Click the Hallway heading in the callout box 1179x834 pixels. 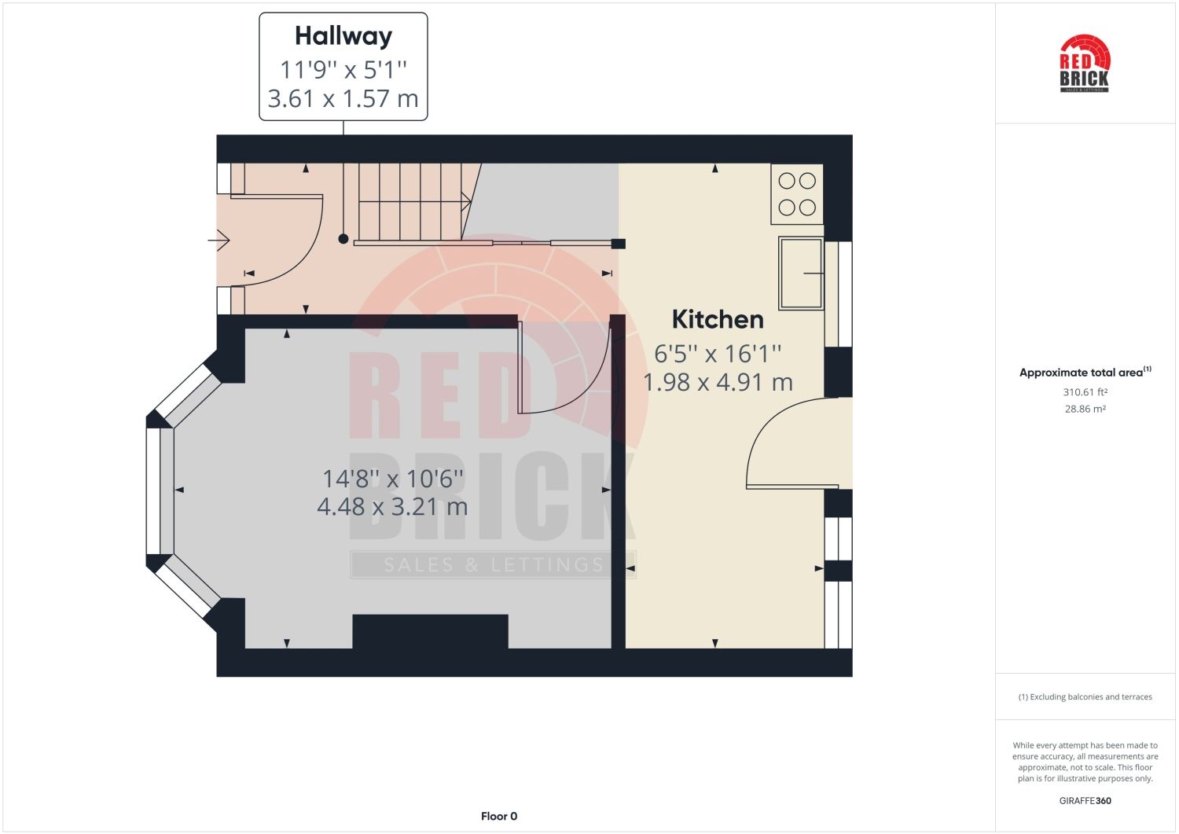[343, 36]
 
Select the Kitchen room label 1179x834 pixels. [718, 319]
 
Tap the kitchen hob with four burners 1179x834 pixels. [797, 194]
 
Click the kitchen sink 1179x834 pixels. [801, 273]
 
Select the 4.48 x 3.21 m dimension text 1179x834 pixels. [392, 507]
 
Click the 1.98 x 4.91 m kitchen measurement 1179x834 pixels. [718, 383]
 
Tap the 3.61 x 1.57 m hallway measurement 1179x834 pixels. [343, 99]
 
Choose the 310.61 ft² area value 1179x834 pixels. [1085, 392]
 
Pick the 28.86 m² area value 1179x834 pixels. [1085, 409]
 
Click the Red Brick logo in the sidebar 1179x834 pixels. [1085, 64]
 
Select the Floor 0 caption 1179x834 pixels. [499, 816]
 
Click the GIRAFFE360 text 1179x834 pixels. [1085, 801]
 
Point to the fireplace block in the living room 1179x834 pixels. [430, 631]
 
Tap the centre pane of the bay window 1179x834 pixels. [160, 490]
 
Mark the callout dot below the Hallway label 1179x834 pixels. [343, 238]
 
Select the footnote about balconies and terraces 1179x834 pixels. [1085, 697]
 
